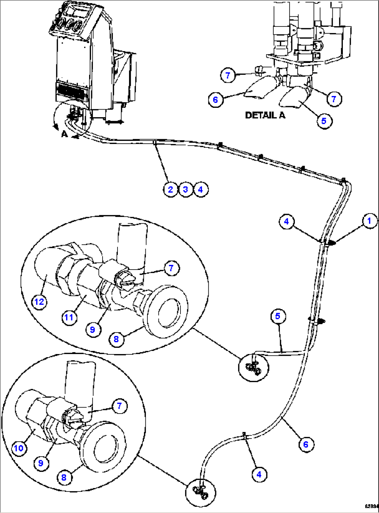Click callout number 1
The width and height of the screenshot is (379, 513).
click(x=369, y=221)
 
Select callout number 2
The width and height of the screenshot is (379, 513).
click(x=170, y=190)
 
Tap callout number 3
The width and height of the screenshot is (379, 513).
click(x=185, y=190)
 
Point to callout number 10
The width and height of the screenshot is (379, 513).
click(x=19, y=448)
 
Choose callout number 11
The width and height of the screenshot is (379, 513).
click(x=69, y=317)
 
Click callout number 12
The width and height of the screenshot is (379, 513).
click(x=39, y=302)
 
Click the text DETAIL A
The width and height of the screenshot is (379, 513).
click(x=265, y=115)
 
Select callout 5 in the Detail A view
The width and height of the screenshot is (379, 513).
click(x=324, y=121)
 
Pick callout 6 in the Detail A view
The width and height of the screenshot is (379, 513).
click(x=216, y=100)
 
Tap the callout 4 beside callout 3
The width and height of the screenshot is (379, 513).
click(x=200, y=190)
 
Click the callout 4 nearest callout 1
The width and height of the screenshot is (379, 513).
click(x=286, y=222)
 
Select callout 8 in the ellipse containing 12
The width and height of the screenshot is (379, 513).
click(x=116, y=339)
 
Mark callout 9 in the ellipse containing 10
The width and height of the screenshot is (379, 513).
click(x=41, y=463)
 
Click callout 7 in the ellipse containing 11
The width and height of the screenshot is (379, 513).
click(x=171, y=268)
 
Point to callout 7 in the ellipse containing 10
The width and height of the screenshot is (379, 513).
click(x=119, y=406)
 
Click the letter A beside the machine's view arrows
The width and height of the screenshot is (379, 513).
click(x=64, y=134)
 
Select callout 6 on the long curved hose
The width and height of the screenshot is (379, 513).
click(x=306, y=444)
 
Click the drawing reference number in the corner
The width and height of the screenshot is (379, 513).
click(x=371, y=506)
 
